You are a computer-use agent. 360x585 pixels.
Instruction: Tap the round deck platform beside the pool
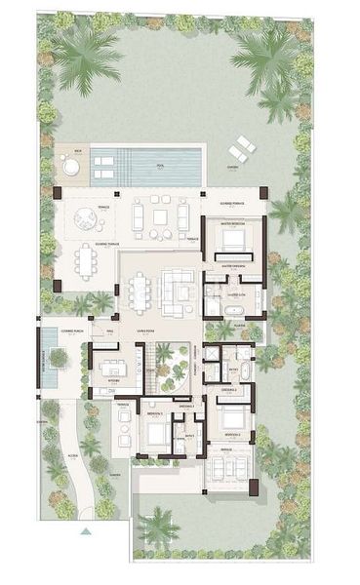point(71,168)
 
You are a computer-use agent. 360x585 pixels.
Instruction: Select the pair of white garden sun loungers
point(241,149)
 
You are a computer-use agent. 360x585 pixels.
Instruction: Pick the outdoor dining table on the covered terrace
point(87,260)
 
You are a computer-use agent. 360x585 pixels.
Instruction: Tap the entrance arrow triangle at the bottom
point(86,532)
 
